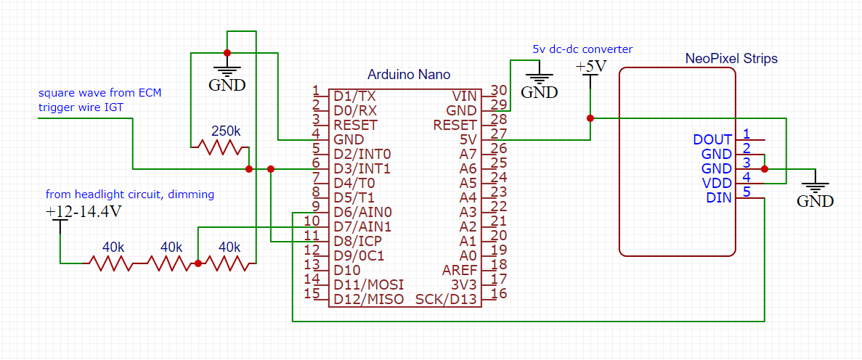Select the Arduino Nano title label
pyautogui.click(x=409, y=75)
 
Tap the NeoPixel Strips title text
pyautogui.click(x=731, y=58)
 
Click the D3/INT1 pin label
pyautogui.click(x=362, y=168)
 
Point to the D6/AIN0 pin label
pyautogui.click(x=362, y=212)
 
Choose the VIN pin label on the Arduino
pyautogui.click(x=464, y=96)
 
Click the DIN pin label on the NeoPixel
pyautogui.click(x=720, y=197)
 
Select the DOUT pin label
pyautogui.click(x=713, y=139)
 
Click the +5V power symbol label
pyautogui.click(x=590, y=67)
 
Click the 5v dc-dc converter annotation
pyautogui.click(x=582, y=49)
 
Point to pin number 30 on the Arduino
pyautogui.click(x=498, y=91)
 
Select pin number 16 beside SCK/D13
pyautogui.click(x=498, y=294)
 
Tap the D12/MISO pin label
pyautogui.click(x=368, y=299)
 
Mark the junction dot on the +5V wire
pyautogui.click(x=590, y=118)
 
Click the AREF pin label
pyautogui.click(x=460, y=270)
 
